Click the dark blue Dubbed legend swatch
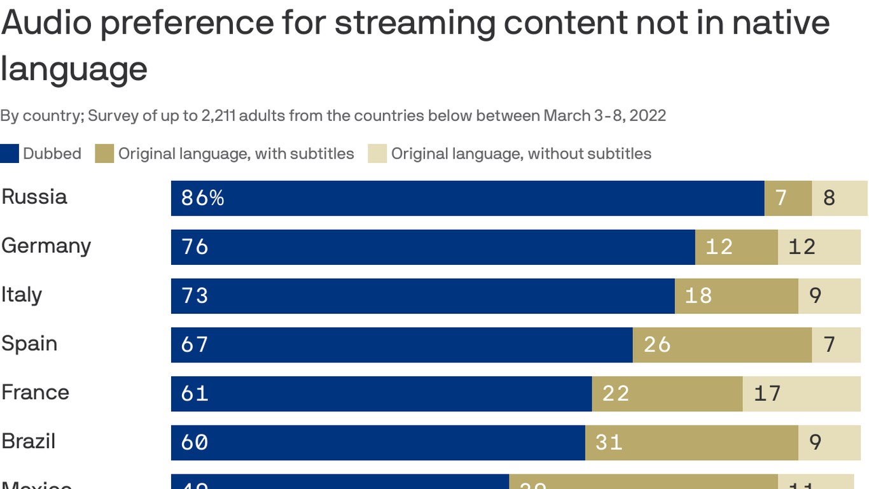(10, 154)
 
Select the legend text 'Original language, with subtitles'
(236, 154)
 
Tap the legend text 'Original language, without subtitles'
(521, 154)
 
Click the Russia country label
(34, 197)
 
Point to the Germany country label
(46, 246)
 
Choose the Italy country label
(22, 295)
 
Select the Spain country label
(29, 344)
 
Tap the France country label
(36, 392)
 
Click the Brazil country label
(29, 441)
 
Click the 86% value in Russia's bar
(202, 198)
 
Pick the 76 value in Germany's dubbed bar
(195, 247)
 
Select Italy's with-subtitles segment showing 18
(736, 296)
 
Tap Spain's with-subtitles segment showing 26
(722, 345)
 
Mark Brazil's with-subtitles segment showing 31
(692, 443)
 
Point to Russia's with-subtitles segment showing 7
(788, 198)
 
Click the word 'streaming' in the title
(415, 24)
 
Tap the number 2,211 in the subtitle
(223, 116)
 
